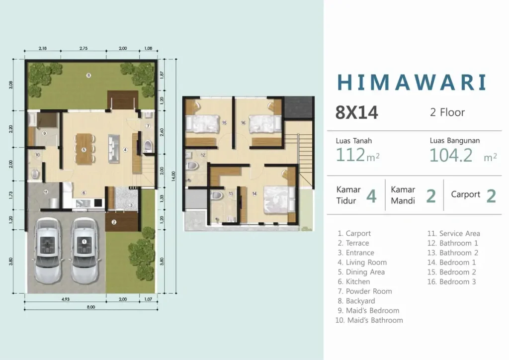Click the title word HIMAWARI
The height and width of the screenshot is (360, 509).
click(411, 83)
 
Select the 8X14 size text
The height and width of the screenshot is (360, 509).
click(356, 113)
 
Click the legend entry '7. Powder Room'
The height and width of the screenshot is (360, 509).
click(368, 291)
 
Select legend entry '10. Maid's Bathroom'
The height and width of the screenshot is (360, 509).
click(369, 320)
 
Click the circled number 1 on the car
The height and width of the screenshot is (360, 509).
click(84, 241)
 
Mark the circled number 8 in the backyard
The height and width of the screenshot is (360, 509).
click(88, 76)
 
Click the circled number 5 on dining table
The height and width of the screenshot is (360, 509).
click(84, 150)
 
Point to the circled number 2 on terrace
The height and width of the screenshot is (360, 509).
click(114, 222)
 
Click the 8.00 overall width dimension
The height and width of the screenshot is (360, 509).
click(90, 307)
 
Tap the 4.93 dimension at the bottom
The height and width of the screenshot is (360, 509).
click(65, 299)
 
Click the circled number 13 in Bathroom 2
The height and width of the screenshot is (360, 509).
click(231, 193)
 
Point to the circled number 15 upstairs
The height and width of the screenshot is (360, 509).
click(224, 123)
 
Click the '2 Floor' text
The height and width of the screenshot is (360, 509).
click(447, 112)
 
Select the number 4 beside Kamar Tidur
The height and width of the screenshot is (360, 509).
click(371, 196)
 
